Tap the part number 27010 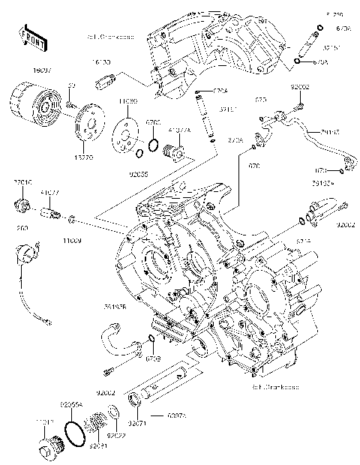pos(21,182)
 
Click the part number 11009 pos(71,240)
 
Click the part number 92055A pos(70,403)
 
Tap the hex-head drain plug pos(46,452)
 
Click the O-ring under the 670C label pos(153,145)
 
